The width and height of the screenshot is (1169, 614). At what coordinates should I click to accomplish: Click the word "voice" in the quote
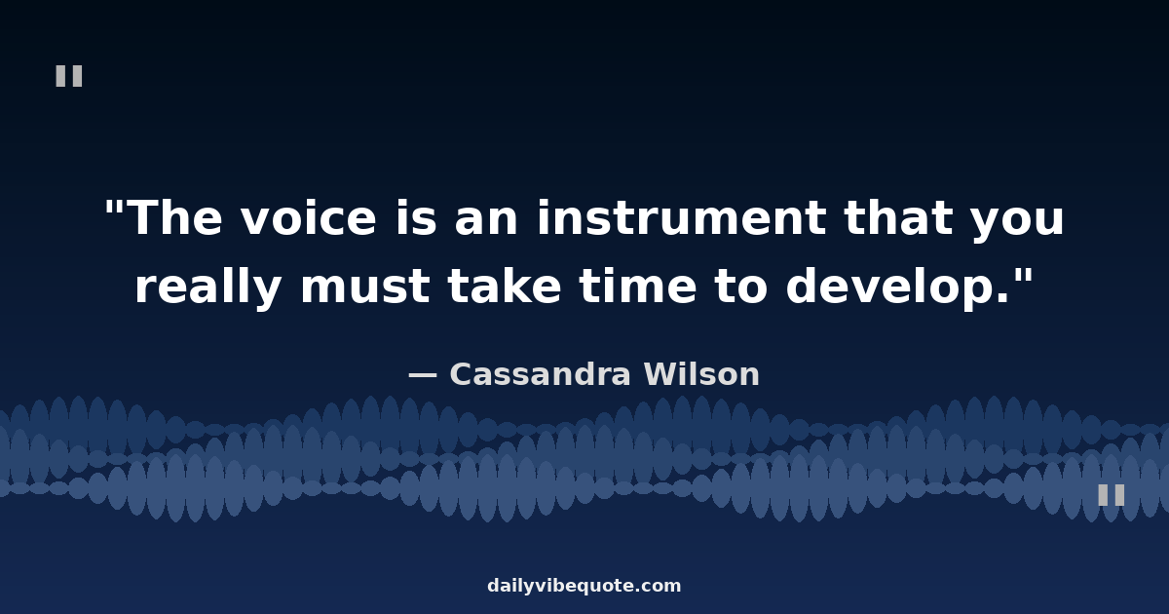point(309,218)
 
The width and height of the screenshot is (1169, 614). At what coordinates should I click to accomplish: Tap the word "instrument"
point(682,218)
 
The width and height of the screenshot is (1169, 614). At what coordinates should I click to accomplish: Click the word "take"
point(505,286)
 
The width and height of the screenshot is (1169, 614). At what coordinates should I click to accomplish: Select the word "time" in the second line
point(638,286)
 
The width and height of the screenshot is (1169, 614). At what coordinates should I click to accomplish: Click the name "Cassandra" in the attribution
point(540,374)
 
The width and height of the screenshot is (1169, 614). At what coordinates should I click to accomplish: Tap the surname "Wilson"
point(702,374)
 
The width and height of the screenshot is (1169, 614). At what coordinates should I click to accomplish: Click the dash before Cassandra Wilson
point(422,375)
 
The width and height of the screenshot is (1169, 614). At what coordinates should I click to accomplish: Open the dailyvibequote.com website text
point(584,587)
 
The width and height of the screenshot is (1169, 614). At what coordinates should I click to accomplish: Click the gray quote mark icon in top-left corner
point(69,76)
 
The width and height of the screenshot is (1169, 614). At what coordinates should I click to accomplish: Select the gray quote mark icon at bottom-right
point(1112,494)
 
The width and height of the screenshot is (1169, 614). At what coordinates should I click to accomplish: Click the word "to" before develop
point(741,287)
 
